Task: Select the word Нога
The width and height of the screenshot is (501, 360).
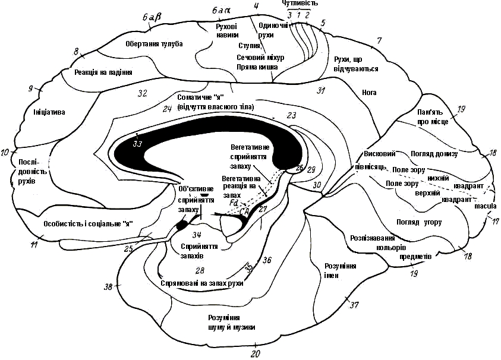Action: click(369, 92)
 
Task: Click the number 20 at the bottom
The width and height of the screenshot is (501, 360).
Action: click(256, 353)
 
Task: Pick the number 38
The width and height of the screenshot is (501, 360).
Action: click(108, 287)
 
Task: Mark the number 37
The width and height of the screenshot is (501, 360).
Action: click(355, 306)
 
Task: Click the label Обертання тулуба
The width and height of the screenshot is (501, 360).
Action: click(154, 44)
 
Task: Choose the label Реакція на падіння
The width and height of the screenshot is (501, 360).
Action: click(103, 72)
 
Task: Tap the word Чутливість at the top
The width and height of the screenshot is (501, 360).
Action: click(300, 4)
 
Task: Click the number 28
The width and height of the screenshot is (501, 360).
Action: click(191, 271)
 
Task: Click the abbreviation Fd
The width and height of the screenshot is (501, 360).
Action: click(234, 203)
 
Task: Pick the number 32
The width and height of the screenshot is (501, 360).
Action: click(142, 93)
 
